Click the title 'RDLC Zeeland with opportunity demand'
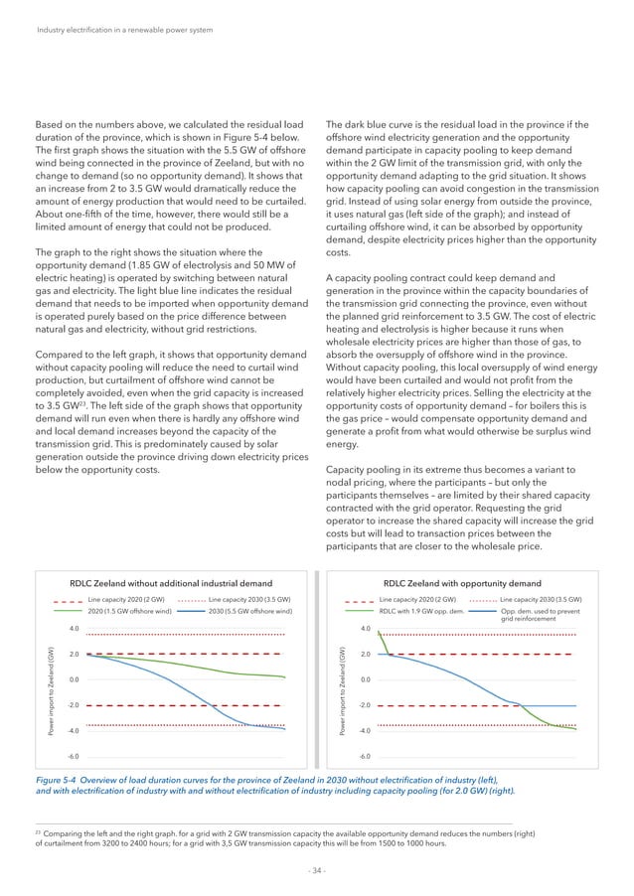[462, 584]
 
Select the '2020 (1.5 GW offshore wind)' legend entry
[130, 612]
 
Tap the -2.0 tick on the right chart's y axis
[366, 704]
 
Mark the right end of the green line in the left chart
[286, 677]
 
